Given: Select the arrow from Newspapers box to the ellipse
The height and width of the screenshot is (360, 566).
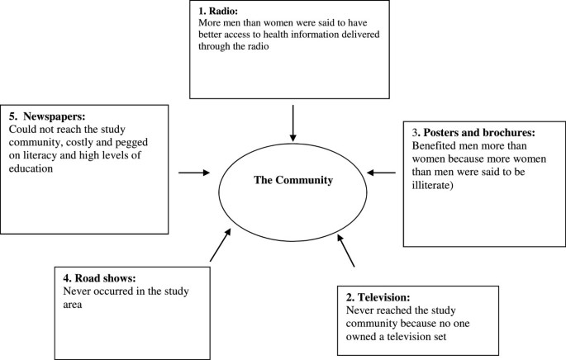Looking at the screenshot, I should tap(194, 173).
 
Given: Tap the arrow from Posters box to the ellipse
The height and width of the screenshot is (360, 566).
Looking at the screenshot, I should tap(381, 173).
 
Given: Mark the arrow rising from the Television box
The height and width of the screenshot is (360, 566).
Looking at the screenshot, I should tap(347, 252).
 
